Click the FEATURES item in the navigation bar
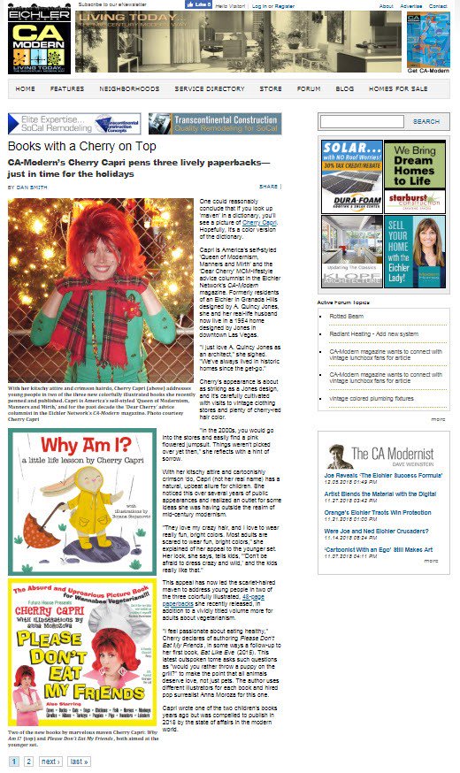tap(67, 88)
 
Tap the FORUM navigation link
tap(309, 88)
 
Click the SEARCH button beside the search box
tap(425, 121)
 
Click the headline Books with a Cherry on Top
tap(82, 147)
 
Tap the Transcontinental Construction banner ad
tap(214, 123)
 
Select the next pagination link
tap(50, 761)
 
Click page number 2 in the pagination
tap(29, 761)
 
